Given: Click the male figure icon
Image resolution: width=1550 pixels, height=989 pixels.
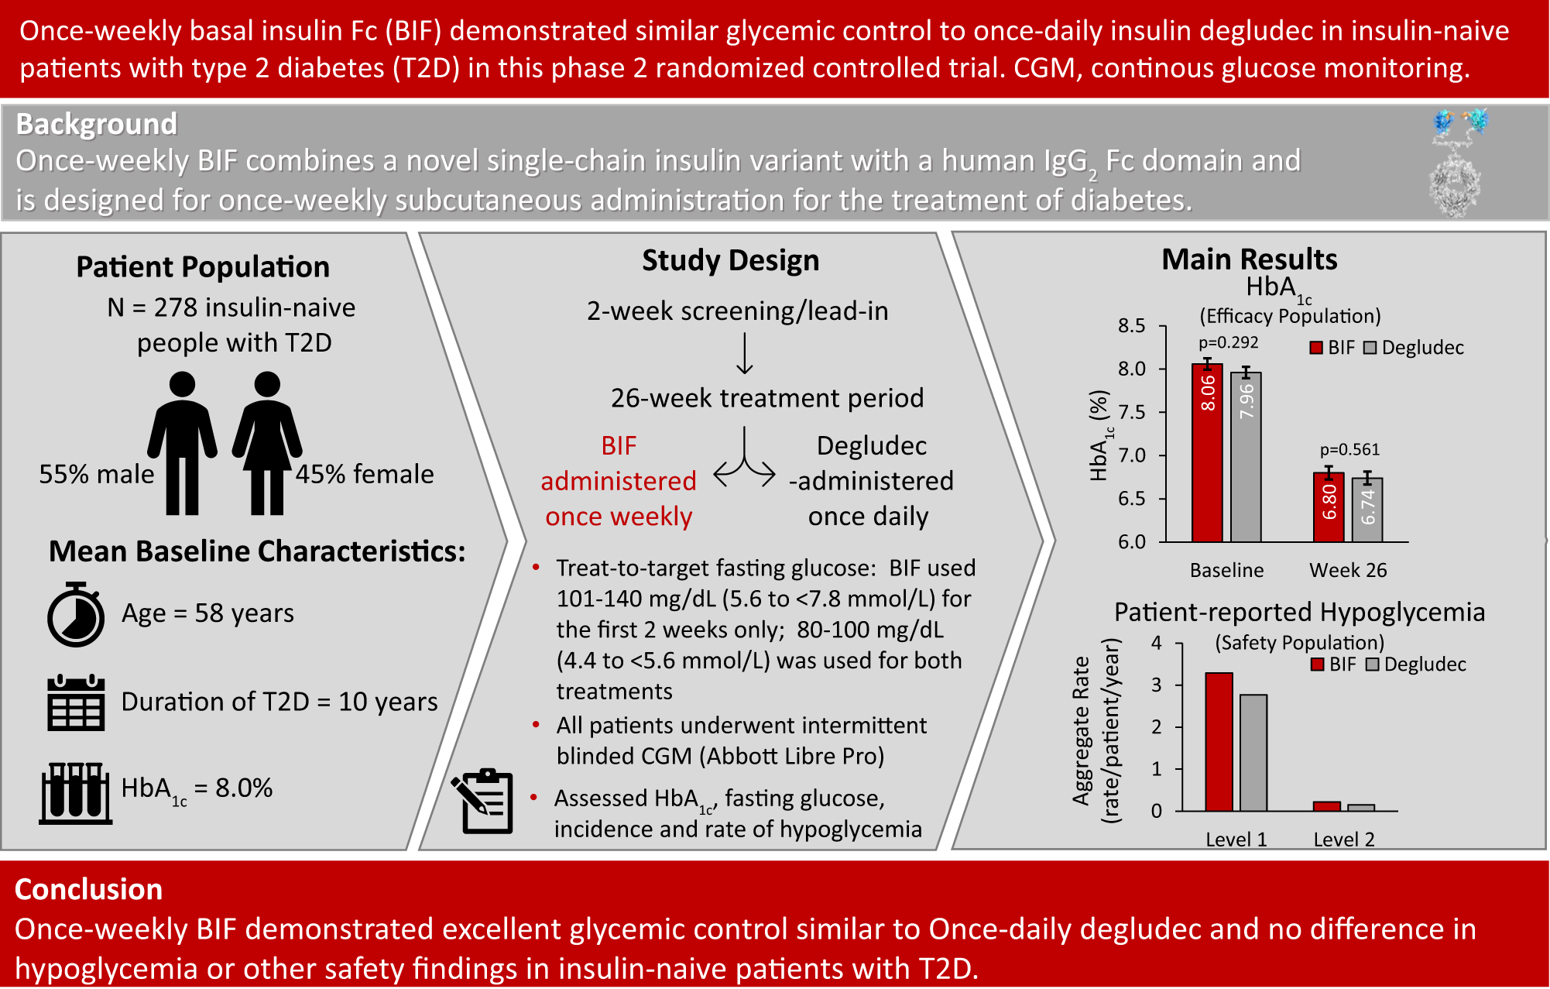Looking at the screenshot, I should (x=182, y=443).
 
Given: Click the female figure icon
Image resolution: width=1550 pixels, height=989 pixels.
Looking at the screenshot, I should (x=267, y=443).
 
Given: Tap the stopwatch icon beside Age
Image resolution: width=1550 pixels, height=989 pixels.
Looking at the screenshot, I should (x=75, y=615).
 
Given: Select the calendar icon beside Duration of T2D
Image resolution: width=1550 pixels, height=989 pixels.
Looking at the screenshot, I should (x=75, y=702).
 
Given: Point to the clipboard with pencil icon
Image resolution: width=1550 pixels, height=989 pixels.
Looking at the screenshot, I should (x=483, y=801).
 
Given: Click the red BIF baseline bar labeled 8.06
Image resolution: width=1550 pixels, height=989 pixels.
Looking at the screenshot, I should (x=1206, y=453).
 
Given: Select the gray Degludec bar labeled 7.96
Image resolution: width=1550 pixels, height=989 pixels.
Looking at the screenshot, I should (x=1245, y=457).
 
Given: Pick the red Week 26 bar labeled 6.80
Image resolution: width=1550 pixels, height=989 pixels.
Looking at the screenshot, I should (x=1329, y=507).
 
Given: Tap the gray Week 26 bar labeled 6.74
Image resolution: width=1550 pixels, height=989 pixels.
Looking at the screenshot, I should (x=1367, y=510).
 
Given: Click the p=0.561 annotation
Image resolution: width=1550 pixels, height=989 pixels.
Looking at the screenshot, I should (x=1349, y=449).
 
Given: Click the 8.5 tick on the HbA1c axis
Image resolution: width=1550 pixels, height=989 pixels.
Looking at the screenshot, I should (x=1132, y=326).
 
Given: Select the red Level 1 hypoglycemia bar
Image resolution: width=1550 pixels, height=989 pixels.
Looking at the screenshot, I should (x=1219, y=742).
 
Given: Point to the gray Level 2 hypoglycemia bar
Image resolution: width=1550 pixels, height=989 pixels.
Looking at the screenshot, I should (x=1361, y=808).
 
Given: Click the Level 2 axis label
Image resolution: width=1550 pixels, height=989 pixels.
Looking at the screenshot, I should (x=1344, y=840).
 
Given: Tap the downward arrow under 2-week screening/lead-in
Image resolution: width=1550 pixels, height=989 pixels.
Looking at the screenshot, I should (x=744, y=354).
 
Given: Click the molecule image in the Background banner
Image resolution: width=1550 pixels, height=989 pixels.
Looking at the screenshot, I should (x=1456, y=163).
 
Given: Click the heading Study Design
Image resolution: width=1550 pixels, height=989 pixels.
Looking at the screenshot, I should (x=730, y=260).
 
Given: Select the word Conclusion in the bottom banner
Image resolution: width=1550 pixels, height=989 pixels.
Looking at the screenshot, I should (x=88, y=889).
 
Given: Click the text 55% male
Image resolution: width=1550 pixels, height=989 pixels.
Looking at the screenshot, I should (x=97, y=474).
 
